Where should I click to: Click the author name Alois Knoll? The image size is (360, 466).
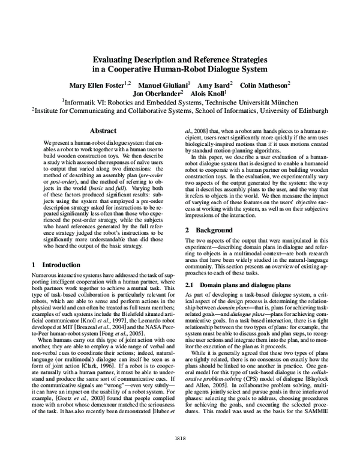pos(207,94)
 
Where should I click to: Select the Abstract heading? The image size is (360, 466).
pos(103,130)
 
